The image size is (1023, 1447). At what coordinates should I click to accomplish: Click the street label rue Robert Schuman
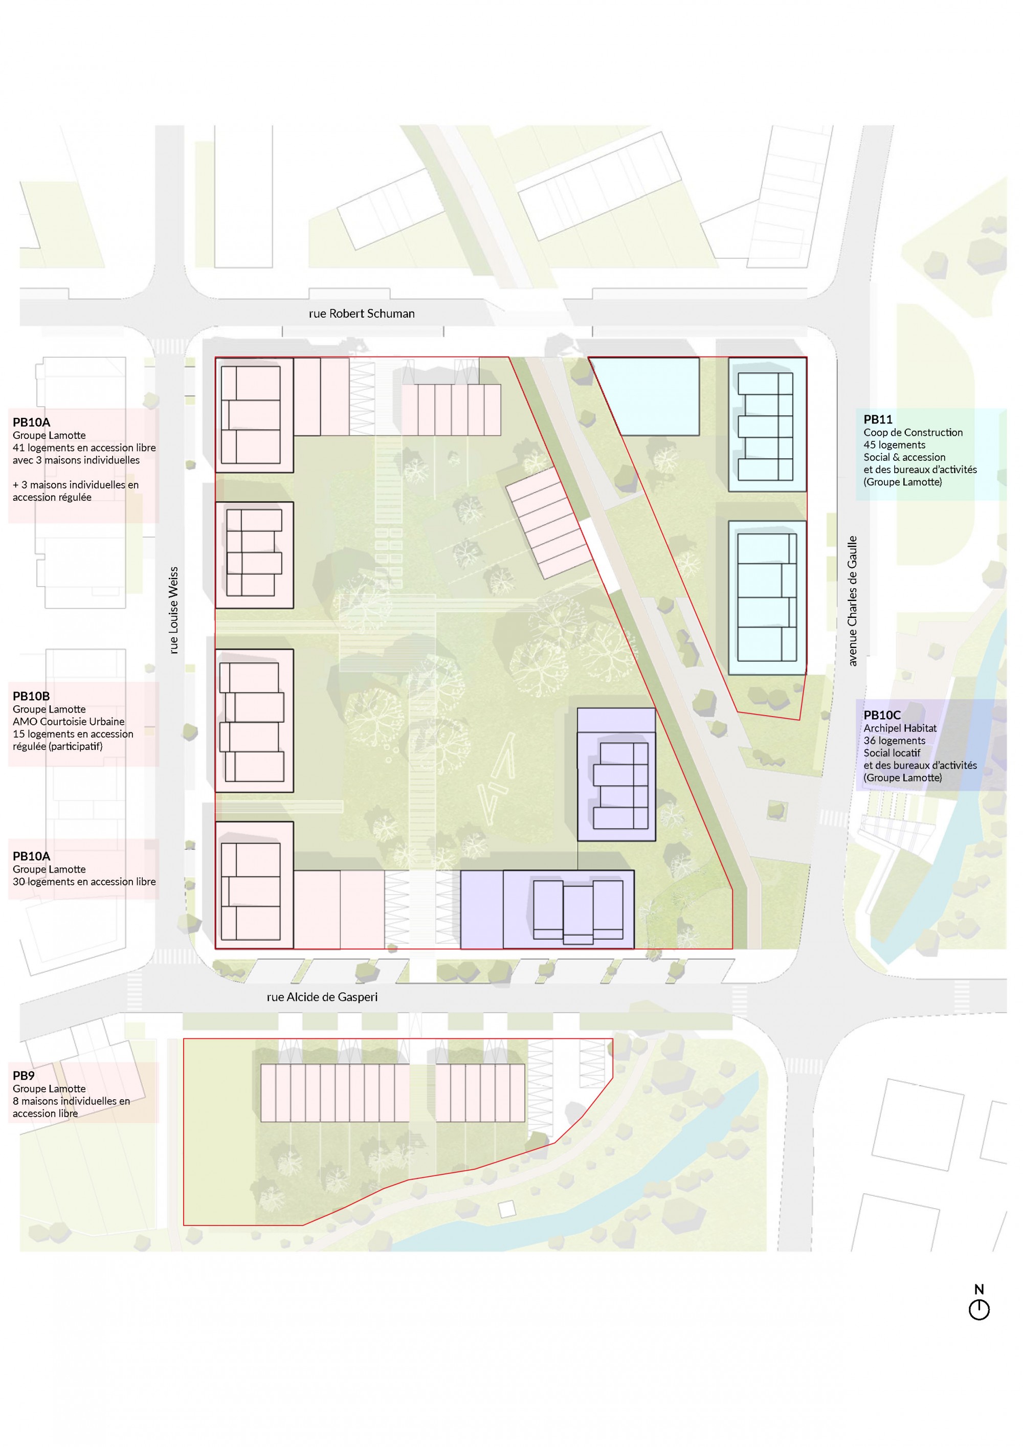362,313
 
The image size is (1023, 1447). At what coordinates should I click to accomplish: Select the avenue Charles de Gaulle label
852,600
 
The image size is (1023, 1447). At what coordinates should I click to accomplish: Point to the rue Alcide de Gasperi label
322,997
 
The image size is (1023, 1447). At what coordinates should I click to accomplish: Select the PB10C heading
882,715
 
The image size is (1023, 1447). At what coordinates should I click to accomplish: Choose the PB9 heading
24,1076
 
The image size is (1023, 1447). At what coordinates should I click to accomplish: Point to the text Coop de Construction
914,432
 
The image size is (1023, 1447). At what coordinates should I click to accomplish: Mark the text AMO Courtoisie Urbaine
69,721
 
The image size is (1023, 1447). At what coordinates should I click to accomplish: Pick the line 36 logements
895,741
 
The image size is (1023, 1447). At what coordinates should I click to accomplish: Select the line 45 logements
895,445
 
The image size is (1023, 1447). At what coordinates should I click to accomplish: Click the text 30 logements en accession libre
84,882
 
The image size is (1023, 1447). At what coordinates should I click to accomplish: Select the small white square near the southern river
506,1209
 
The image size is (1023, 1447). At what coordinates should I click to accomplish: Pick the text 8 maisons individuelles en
71,1101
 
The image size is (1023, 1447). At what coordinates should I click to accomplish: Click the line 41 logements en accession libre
84,448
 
